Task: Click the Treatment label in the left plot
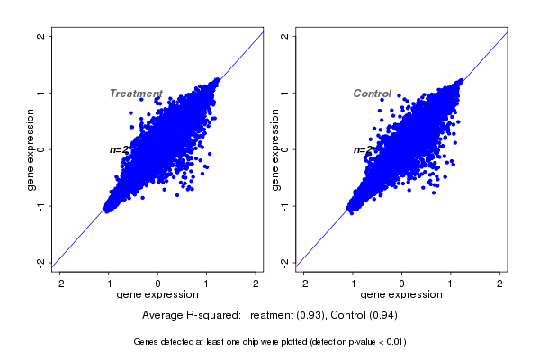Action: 136,94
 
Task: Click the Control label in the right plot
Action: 372,94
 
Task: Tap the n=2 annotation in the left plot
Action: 120,149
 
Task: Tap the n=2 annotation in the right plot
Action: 363,149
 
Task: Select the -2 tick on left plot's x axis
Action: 59,284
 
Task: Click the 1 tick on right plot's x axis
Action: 451,284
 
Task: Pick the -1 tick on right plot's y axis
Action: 285,206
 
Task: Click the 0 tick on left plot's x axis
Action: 158,284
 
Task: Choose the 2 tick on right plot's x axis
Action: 500,284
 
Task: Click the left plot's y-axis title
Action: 31,150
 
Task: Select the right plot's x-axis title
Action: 401,295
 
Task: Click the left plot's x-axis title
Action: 158,295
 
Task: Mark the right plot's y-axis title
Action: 274,150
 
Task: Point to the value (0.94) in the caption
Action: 382,316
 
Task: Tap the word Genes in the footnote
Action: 146,342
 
